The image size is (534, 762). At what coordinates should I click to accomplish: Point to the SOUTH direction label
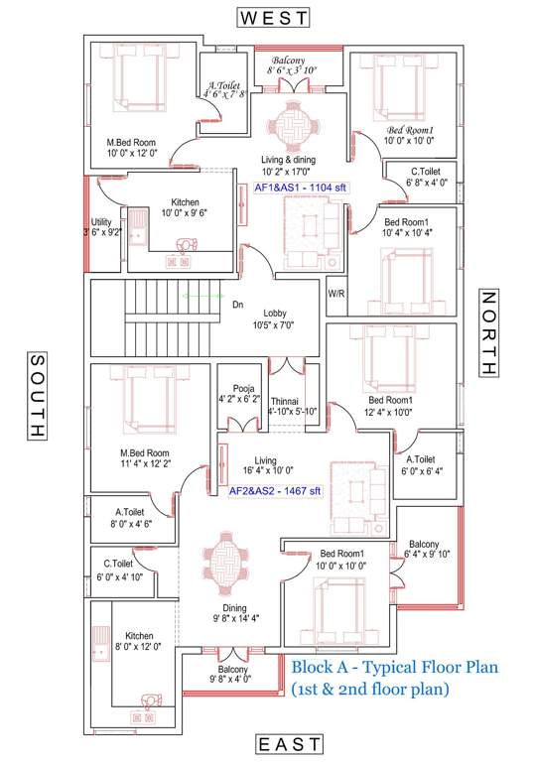click(x=36, y=396)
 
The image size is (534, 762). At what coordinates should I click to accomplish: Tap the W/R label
click(x=335, y=295)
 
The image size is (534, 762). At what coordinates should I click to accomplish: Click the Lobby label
click(x=275, y=314)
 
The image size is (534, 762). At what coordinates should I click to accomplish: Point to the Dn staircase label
click(x=237, y=305)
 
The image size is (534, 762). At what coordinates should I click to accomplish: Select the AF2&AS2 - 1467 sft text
click(x=275, y=490)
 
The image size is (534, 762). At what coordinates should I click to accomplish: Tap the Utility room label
click(x=101, y=223)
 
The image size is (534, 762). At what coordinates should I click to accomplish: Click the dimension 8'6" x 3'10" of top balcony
click(x=293, y=70)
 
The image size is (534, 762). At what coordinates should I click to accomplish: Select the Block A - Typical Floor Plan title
click(x=393, y=667)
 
